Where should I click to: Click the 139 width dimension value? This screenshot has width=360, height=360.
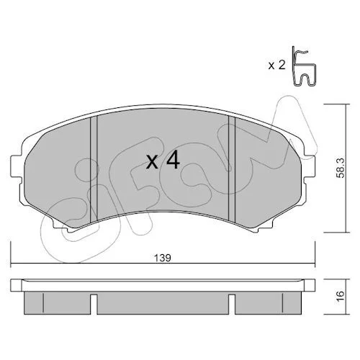(162, 258)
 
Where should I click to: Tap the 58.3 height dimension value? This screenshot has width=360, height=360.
(340, 168)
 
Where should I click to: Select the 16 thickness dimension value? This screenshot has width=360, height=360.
(341, 297)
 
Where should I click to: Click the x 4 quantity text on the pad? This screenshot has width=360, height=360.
(163, 161)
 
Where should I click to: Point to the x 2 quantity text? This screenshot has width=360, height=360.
(276, 65)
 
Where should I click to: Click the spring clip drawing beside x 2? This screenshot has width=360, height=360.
(304, 66)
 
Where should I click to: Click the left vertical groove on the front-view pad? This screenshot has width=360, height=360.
(94, 168)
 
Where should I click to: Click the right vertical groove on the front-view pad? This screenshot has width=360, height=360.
(232, 168)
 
